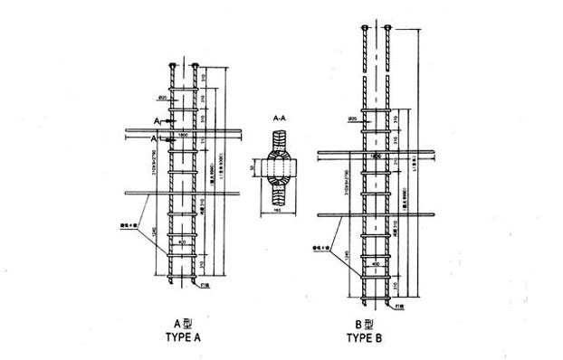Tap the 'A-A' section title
[282, 118]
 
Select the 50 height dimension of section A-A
[255, 169]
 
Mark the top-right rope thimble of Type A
[196, 64]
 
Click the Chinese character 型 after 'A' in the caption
[188, 323]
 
